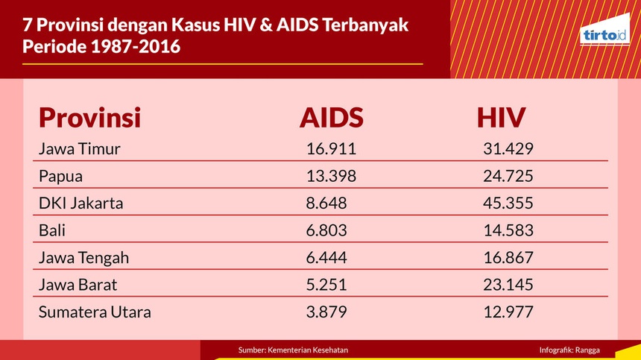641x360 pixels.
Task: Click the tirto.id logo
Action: [604, 30]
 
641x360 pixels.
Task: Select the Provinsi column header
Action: [90, 118]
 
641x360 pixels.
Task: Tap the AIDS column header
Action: [331, 118]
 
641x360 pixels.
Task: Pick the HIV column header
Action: [501, 118]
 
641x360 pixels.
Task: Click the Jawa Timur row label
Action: [79, 149]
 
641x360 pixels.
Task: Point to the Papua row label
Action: [60, 177]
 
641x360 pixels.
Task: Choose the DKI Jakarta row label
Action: [81, 203]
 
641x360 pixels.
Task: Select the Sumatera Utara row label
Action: [95, 312]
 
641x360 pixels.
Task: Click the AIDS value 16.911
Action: [331, 149]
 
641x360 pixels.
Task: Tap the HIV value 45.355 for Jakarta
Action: [508, 203]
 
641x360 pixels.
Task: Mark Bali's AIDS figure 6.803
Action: [326, 230]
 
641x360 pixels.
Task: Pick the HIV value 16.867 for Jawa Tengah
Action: [508, 258]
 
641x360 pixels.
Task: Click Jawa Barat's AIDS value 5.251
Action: [326, 285]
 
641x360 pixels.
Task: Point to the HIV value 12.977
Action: [508, 312]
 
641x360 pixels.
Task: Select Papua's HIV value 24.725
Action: [508, 176]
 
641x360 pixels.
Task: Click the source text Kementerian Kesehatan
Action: [307, 350]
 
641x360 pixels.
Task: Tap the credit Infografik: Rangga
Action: [569, 350]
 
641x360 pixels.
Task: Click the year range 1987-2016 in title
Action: [135, 46]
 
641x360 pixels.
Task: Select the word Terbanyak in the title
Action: [365, 25]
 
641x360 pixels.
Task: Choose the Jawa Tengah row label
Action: [83, 258]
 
